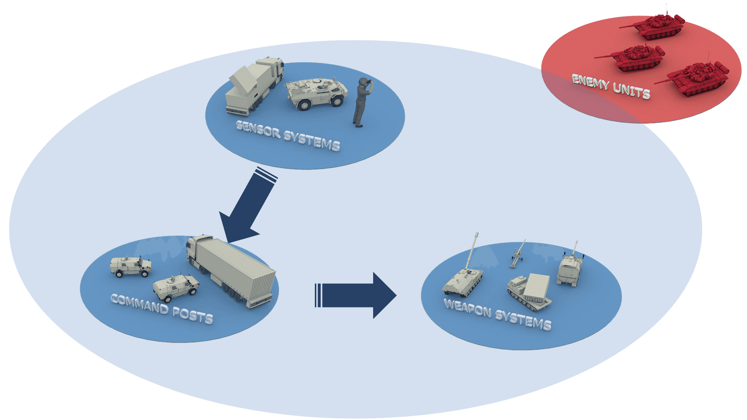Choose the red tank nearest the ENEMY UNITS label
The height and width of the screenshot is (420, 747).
click(696, 79)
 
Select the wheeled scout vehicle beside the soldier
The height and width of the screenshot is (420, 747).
click(316, 93)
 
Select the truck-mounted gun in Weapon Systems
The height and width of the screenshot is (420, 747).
click(569, 268)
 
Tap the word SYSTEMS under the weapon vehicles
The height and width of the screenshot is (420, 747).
click(523, 320)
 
